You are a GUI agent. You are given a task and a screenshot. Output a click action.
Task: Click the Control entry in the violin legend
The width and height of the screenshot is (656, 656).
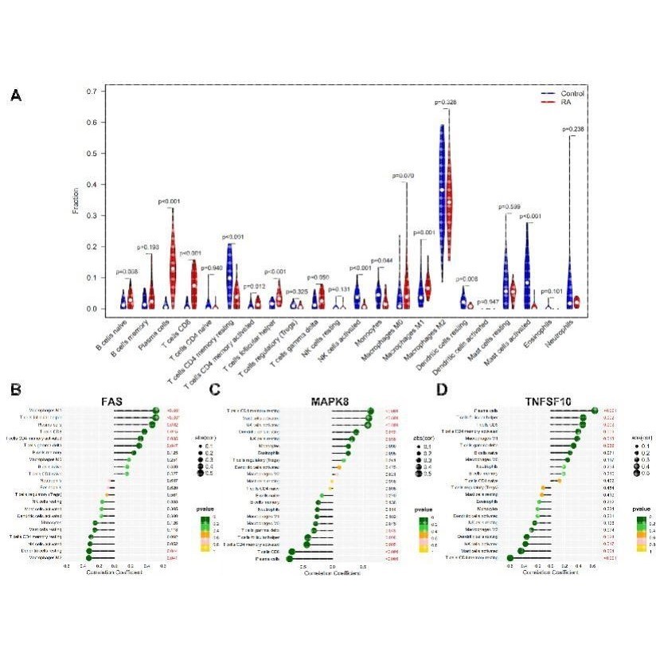pyautogui.click(x=572, y=94)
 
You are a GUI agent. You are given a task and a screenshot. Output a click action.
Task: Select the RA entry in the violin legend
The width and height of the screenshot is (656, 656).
pyautogui.click(x=567, y=103)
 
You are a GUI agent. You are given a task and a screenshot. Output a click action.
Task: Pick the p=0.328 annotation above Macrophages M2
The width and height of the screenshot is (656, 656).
pyautogui.click(x=446, y=103)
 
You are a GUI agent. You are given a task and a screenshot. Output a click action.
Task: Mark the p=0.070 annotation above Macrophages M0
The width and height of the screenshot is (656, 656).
pyautogui.click(x=404, y=176)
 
